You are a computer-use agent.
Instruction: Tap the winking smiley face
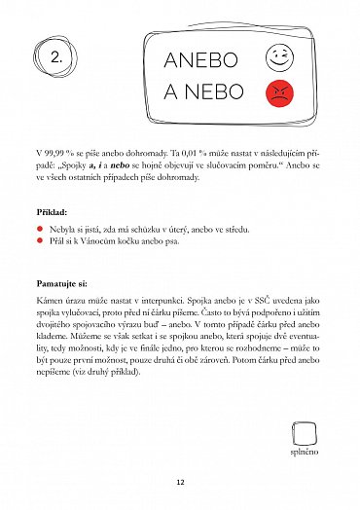coord(278,57)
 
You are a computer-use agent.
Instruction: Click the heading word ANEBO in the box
coord(201,59)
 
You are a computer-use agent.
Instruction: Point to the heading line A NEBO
coord(200,94)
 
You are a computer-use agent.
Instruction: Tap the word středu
coord(234,229)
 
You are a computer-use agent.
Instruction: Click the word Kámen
coord(48,302)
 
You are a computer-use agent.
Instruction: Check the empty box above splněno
coord(303,434)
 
